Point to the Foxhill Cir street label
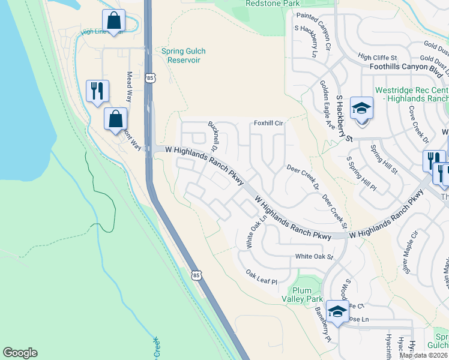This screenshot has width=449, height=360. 268,123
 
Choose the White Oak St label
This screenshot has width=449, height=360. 313,256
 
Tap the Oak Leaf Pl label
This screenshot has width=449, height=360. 262,277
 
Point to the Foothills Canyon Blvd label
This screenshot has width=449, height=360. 406,67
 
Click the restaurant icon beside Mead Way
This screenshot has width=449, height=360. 97,91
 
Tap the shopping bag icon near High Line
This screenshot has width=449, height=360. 113,20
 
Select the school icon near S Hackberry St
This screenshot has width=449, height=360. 361,109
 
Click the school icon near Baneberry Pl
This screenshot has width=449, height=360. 337,311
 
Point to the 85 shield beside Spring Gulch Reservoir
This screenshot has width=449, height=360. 149,78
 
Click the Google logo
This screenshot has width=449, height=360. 20,353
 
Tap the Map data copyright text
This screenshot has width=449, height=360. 424,355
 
